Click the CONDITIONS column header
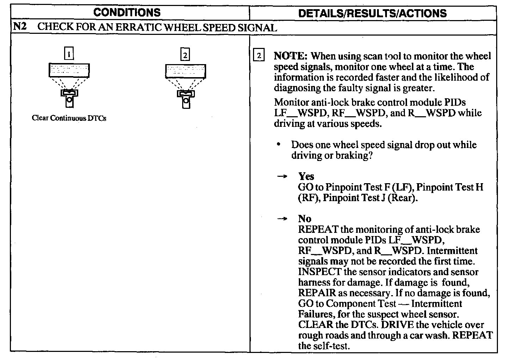(x=127, y=13)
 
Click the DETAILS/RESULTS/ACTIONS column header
(x=372, y=13)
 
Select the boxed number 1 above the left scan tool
(x=69, y=54)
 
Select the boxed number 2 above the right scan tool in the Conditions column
(x=185, y=55)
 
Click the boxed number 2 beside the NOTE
(x=259, y=56)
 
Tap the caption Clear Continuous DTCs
(x=69, y=118)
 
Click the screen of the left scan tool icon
(x=69, y=70)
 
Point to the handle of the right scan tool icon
(x=186, y=102)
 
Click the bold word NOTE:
(x=291, y=56)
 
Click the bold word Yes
(x=306, y=176)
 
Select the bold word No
(x=304, y=219)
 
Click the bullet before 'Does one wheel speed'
(x=279, y=144)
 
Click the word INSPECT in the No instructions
(x=319, y=272)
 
